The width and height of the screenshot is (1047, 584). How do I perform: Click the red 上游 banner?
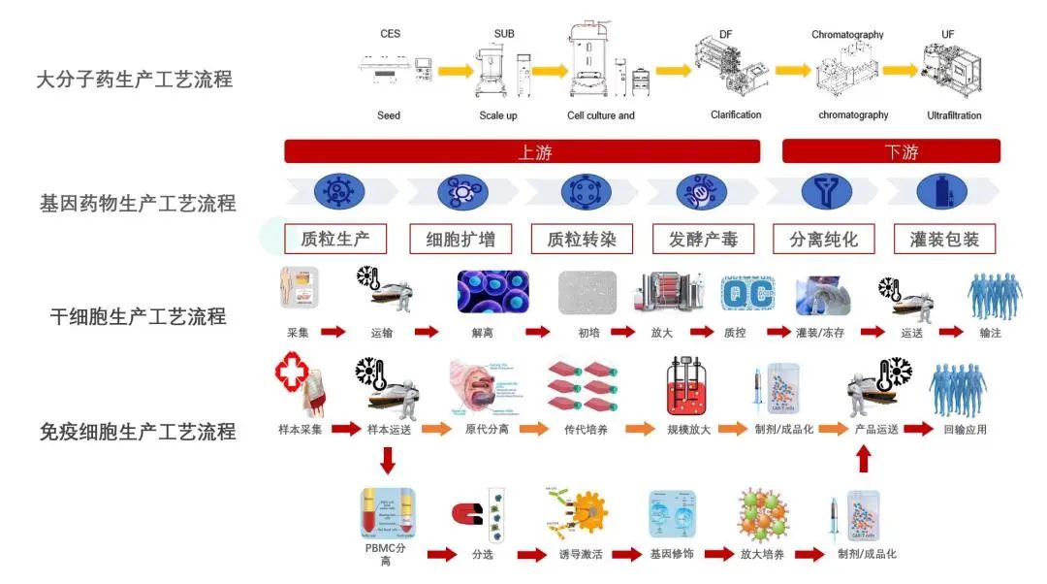coord(522,151)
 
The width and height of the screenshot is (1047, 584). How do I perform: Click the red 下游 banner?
coord(890,151)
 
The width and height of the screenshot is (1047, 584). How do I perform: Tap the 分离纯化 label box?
coord(823,239)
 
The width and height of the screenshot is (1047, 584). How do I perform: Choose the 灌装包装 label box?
coord(944,239)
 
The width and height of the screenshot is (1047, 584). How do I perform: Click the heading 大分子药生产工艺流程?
coord(135,80)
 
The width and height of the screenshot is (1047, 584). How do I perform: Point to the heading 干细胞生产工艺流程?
coord(138,316)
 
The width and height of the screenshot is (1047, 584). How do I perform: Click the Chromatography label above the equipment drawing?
coord(847,35)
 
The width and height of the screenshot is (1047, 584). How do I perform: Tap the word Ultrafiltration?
coord(954,115)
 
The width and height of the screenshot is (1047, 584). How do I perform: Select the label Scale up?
coord(498,115)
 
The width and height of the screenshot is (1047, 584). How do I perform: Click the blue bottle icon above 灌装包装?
coord(943,191)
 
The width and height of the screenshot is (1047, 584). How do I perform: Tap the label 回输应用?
coord(965,429)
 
